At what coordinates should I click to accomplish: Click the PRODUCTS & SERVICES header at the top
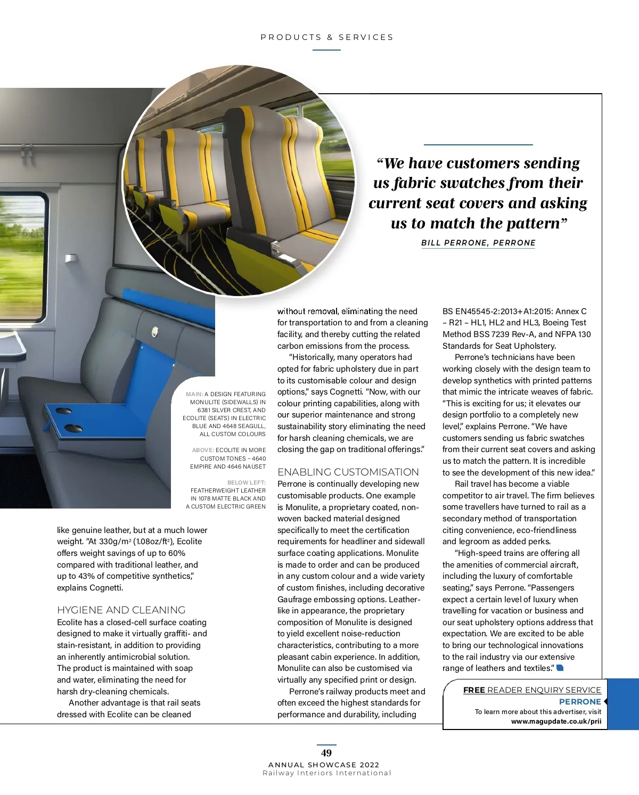[x=327, y=37]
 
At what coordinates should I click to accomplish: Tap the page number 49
[x=326, y=753]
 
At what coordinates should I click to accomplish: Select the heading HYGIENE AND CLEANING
[x=121, y=610]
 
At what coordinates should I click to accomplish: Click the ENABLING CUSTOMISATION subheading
[x=348, y=472]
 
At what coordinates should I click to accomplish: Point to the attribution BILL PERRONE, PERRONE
[x=478, y=243]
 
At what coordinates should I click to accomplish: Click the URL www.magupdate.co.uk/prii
[x=556, y=722]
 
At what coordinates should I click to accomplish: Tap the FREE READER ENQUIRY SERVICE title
[x=532, y=690]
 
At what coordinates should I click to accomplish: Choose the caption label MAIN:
[x=194, y=395]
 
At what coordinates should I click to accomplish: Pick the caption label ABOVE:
[x=203, y=450]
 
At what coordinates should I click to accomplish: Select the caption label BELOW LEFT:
[x=247, y=483]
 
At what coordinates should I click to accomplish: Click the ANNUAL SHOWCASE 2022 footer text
[x=324, y=765]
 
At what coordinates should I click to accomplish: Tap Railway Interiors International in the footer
[x=327, y=773]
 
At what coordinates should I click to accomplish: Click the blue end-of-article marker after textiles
[x=560, y=668]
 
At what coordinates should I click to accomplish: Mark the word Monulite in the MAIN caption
[x=205, y=403]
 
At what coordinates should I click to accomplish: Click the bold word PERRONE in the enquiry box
[x=580, y=702]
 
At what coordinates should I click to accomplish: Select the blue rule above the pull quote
[x=478, y=145]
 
